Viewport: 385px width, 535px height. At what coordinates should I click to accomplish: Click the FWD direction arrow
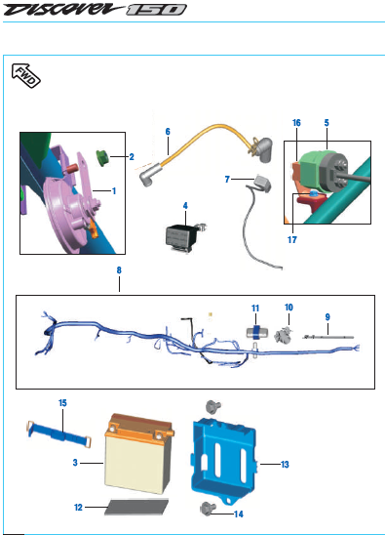click(x=26, y=76)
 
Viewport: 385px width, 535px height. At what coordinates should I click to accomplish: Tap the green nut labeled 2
click(x=102, y=157)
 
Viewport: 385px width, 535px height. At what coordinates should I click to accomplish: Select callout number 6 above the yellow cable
click(x=168, y=132)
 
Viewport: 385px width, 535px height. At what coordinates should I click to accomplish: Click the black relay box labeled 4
click(x=179, y=235)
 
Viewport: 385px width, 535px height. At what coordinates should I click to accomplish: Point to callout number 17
click(x=292, y=240)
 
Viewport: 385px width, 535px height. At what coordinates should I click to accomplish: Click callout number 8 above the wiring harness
click(x=119, y=270)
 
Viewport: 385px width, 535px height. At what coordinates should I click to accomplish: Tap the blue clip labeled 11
click(x=257, y=332)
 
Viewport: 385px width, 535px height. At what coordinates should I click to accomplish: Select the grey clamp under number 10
click(x=284, y=334)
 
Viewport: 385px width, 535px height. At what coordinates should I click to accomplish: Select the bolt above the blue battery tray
click(x=213, y=406)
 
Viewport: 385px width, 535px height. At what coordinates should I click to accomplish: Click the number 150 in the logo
click(x=156, y=10)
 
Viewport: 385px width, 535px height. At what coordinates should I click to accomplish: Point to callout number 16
click(x=296, y=123)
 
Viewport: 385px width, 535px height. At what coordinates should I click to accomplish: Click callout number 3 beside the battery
click(x=75, y=463)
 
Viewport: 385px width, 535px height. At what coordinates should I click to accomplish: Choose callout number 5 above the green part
click(x=327, y=123)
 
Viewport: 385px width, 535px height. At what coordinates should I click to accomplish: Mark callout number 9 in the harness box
click(x=327, y=317)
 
